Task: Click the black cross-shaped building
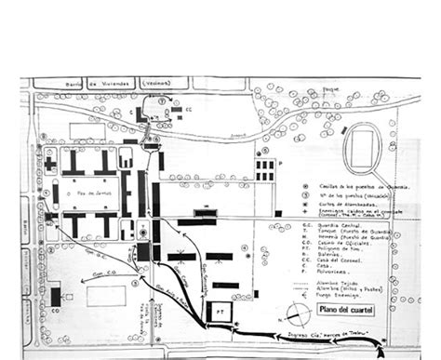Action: (x=47, y=164)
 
